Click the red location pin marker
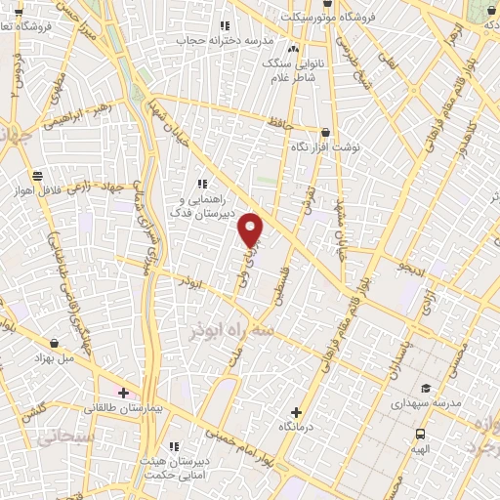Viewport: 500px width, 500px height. click(252, 229)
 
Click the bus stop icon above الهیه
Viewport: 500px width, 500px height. click(419, 434)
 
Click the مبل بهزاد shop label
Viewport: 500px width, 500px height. click(51, 358)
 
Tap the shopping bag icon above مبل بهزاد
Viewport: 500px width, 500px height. click(51, 343)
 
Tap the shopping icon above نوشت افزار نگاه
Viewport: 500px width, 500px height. click(325, 132)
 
